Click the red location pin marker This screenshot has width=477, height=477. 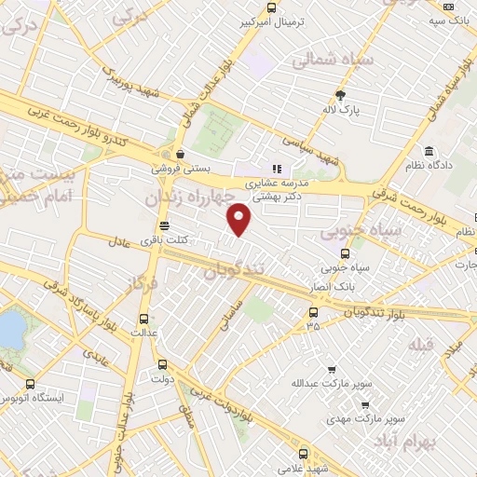[x=240, y=220]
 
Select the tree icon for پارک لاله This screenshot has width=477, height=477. [x=340, y=94]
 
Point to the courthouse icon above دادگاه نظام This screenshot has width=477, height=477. [x=428, y=152]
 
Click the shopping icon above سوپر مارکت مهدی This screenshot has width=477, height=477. [x=364, y=404]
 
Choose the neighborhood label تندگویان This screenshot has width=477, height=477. [x=241, y=271]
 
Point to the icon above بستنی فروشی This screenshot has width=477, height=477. [x=180, y=156]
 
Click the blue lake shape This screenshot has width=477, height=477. [x=10, y=329]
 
